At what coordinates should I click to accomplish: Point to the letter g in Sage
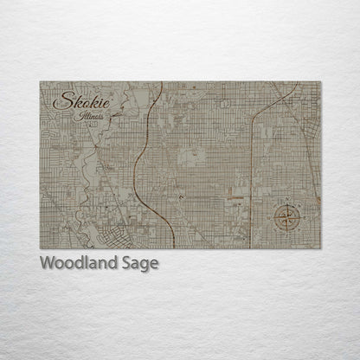point(145,267)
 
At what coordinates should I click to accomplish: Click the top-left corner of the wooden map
point(40,82)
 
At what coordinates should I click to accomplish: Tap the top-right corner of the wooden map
point(321,82)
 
